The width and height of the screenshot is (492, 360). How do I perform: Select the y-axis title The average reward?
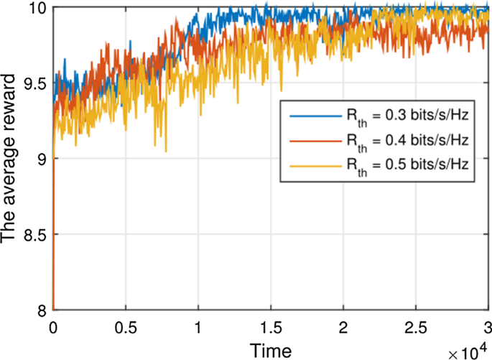(12, 159)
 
